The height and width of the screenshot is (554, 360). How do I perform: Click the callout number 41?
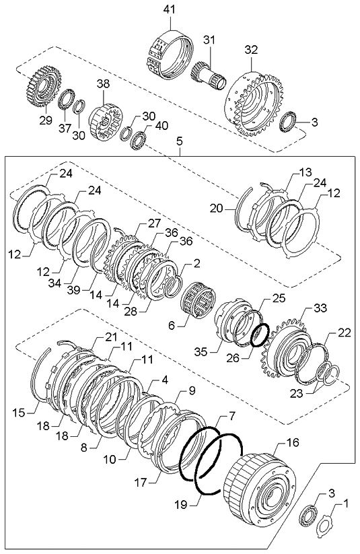tap(168, 9)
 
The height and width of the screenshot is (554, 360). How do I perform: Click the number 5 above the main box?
tap(179, 142)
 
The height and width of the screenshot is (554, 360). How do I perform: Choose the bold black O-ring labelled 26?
tap(260, 333)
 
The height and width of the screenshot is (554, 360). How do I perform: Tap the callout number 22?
tap(343, 333)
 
